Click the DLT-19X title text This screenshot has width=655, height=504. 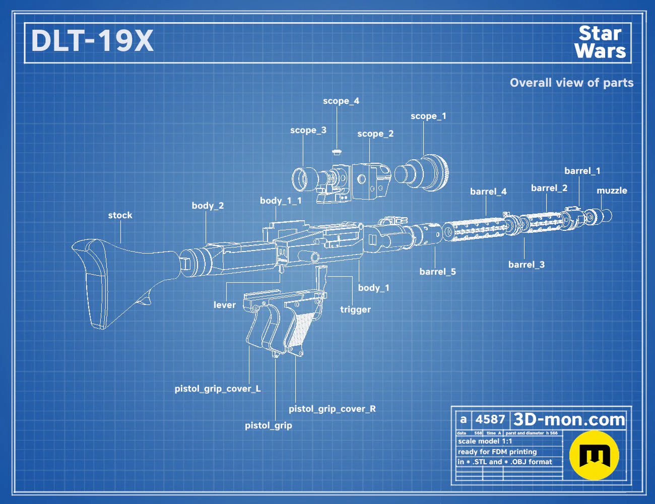click(92, 41)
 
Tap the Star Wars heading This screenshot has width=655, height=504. click(600, 42)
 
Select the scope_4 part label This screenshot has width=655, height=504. click(341, 101)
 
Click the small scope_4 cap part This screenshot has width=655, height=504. click(337, 151)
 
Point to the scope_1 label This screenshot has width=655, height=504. click(428, 116)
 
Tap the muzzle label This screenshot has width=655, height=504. click(612, 191)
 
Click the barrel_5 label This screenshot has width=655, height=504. click(438, 272)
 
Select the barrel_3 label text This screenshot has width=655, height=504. click(527, 265)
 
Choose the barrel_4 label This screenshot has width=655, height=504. click(488, 192)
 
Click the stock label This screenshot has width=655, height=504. click(120, 215)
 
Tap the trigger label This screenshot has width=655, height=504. click(355, 309)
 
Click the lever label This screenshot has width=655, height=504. click(225, 305)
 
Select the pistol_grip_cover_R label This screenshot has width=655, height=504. click(332, 409)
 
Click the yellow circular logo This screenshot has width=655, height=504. click(594, 455)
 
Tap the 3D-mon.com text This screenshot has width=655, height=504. click(569, 419)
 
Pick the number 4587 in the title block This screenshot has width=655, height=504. click(490, 419)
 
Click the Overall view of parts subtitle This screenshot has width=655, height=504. click(571, 83)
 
